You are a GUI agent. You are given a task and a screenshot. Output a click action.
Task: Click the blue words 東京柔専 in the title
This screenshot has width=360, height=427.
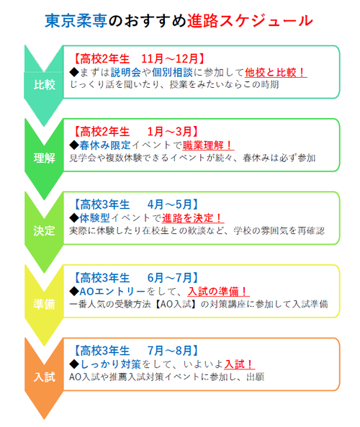point(76,21)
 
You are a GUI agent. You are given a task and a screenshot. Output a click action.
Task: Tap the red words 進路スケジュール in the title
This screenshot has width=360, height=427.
point(250,21)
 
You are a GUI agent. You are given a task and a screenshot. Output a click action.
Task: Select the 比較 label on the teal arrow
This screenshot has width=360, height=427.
point(45,85)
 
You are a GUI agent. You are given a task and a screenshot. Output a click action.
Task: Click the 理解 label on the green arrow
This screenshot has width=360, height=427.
point(45,158)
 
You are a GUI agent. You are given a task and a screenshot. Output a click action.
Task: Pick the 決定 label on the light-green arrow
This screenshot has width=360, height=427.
point(45,231)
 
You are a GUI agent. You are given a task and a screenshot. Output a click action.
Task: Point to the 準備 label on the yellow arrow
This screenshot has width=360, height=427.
point(45,304)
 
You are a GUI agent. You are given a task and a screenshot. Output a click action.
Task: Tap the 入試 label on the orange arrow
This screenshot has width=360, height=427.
point(45,377)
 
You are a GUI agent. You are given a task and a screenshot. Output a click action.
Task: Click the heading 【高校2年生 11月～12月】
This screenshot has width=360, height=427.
point(138,58)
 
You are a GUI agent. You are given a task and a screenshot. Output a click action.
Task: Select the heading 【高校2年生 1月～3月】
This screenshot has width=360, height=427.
point(135,132)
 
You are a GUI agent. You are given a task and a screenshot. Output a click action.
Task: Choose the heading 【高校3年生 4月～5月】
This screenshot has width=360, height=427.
point(135,204)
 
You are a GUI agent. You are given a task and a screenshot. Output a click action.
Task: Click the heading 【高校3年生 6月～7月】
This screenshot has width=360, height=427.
point(135,278)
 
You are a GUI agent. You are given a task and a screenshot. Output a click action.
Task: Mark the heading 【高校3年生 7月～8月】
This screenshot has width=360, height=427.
point(135,351)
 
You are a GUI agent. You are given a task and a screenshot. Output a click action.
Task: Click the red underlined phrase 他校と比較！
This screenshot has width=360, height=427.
point(276,73)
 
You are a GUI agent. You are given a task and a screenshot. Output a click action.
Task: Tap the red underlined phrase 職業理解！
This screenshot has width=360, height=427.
point(208,145)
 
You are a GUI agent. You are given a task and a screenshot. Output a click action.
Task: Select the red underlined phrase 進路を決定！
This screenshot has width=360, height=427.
point(193,218)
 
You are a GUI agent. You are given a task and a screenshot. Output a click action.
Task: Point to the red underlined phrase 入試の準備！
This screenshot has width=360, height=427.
point(218,292)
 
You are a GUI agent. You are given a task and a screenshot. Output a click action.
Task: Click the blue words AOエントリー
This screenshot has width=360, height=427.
point(112,292)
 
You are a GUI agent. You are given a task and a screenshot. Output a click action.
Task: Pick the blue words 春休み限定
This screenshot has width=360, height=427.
point(105,145)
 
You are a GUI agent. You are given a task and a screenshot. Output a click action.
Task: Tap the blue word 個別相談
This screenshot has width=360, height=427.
point(172,73)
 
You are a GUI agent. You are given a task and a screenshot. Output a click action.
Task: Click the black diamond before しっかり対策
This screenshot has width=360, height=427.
point(74,364)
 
